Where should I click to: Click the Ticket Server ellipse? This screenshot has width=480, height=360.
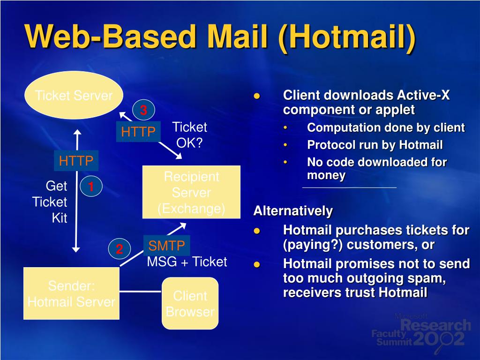click(x=74, y=95)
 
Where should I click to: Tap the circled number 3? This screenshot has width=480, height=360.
click(x=143, y=111)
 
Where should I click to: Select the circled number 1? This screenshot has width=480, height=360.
click(x=91, y=187)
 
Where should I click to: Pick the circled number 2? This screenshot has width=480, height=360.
click(x=120, y=249)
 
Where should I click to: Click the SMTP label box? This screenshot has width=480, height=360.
click(x=166, y=245)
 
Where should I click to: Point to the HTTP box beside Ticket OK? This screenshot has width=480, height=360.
click(x=138, y=132)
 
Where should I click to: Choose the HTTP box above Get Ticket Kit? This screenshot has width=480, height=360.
click(x=76, y=161)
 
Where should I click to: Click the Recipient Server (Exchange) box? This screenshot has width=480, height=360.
click(x=191, y=192)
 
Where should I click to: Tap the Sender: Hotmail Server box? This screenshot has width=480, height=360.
click(x=71, y=293)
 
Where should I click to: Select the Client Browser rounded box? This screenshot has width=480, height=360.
click(x=190, y=303)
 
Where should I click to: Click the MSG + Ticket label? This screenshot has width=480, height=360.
click(x=187, y=262)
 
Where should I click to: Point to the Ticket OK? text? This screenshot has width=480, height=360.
click(x=189, y=135)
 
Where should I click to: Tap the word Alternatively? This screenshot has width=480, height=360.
click(x=293, y=211)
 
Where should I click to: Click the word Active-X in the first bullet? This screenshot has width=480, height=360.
click(x=423, y=96)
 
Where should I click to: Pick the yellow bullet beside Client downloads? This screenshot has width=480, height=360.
click(x=256, y=96)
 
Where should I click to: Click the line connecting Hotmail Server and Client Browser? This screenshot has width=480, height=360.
click(x=141, y=291)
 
